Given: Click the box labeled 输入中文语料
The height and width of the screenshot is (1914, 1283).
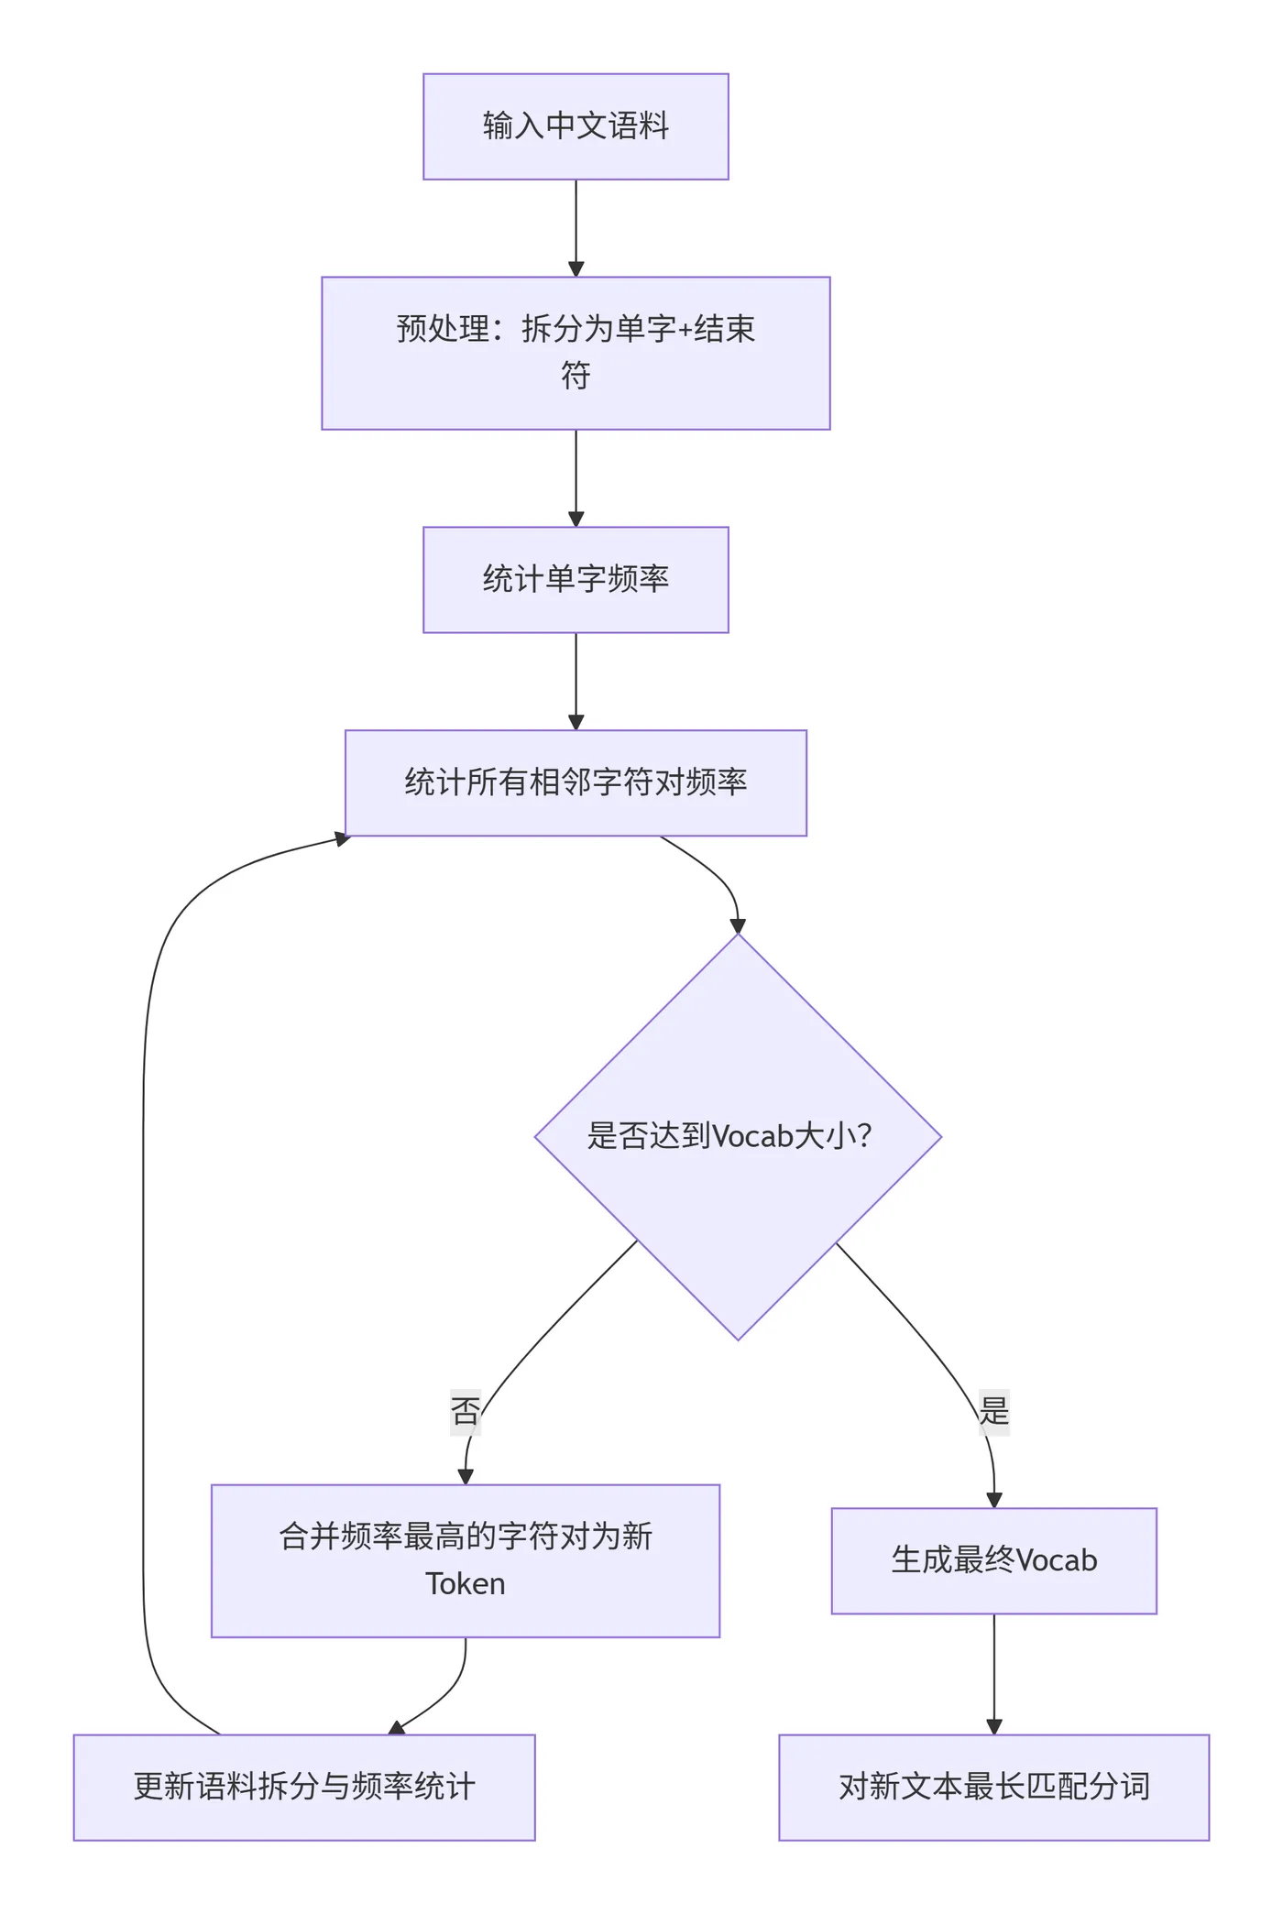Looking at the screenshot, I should [576, 126].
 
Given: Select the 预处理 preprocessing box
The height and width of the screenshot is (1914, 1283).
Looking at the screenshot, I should [576, 353].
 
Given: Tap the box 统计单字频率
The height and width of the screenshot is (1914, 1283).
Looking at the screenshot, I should [576, 579].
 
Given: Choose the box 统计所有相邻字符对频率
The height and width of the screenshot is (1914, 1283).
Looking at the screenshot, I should [576, 782].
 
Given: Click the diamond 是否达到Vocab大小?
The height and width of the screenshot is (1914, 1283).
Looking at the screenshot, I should [738, 1136].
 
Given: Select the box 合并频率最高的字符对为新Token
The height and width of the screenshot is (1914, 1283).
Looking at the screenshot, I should [466, 1560].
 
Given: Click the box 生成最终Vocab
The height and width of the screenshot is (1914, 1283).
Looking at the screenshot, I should [993, 1560].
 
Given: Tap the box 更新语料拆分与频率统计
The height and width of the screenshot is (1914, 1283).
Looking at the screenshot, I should [304, 1787].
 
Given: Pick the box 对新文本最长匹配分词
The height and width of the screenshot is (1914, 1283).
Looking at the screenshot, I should [993, 1787].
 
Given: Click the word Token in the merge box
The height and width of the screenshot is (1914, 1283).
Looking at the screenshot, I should [466, 1584].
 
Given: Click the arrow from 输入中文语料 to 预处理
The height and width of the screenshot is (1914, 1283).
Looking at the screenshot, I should [576, 227].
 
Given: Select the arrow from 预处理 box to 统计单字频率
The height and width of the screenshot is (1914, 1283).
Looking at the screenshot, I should [576, 476].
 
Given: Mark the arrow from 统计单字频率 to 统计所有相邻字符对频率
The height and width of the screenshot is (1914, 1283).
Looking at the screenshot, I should [576, 680].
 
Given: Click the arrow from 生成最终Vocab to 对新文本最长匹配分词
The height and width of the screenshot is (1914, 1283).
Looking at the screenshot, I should [993, 1672].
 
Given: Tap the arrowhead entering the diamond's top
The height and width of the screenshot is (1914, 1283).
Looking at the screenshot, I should [738, 925].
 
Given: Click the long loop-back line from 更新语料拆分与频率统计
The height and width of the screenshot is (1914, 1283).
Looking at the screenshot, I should [143, 1283].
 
